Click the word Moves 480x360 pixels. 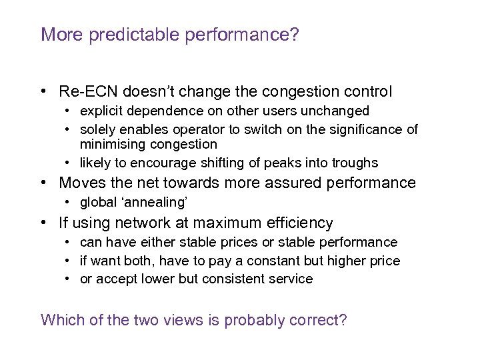tap(80, 183)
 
